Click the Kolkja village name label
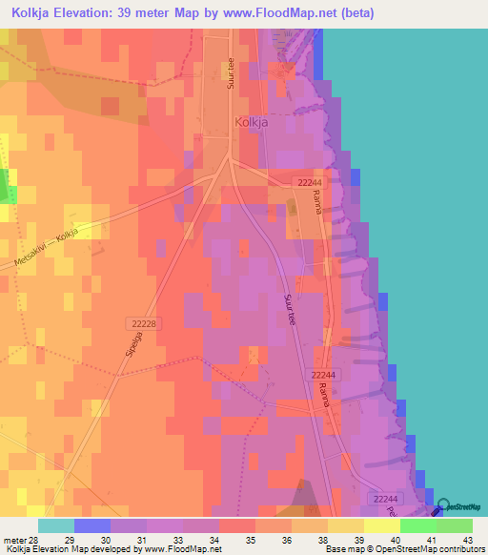point(252,122)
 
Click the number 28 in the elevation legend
point(35,539)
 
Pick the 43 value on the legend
point(466,539)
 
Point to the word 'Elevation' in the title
point(91,13)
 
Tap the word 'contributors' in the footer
point(461,550)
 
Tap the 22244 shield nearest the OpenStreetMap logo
point(386,499)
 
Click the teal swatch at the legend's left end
point(56,525)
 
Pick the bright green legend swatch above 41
point(418,525)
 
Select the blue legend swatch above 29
point(92,525)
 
